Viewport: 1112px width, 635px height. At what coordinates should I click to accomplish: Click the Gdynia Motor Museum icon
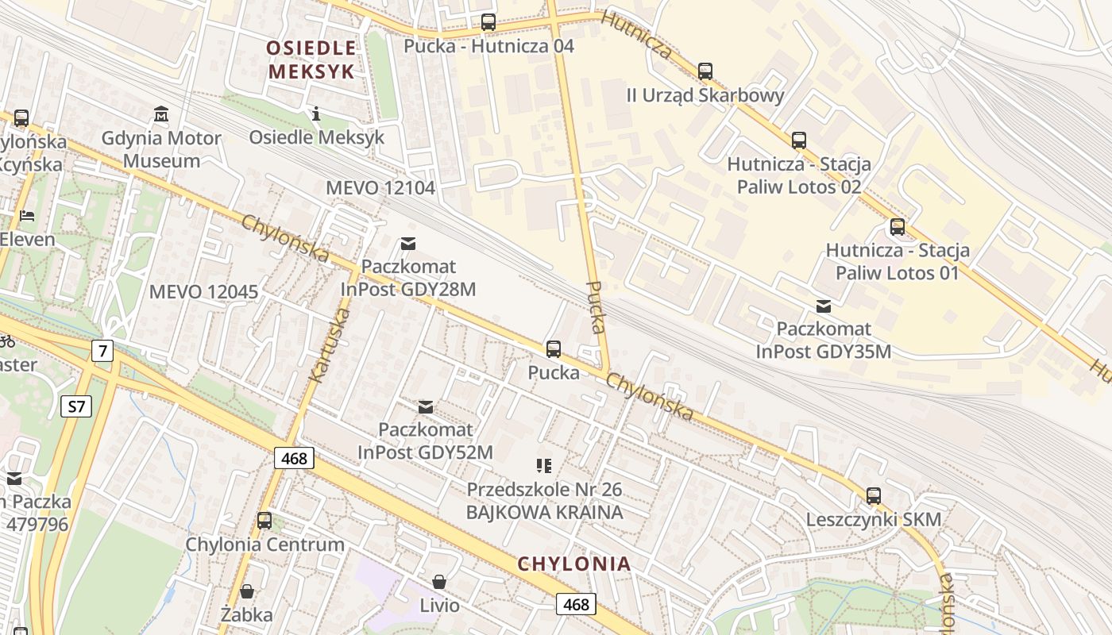coord(162,114)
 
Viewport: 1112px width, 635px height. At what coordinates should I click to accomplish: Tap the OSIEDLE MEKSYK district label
coord(311,60)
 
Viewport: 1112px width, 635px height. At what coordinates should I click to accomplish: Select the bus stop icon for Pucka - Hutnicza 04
coord(488,22)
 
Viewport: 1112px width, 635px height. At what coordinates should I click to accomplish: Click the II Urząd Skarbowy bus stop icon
coord(705,71)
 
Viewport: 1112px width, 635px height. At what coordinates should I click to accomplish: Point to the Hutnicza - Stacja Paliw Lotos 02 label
coord(798,175)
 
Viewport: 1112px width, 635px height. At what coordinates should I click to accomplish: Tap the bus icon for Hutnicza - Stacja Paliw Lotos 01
coord(897,227)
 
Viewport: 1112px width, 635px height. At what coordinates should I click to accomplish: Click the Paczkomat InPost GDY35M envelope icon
coord(824,306)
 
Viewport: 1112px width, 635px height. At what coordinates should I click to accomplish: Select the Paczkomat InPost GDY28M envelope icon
coord(408,244)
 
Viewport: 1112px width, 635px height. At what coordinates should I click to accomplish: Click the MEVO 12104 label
coord(380,188)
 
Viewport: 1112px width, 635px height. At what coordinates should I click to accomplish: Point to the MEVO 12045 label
coord(203,291)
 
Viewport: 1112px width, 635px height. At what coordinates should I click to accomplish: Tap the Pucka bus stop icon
coord(554,348)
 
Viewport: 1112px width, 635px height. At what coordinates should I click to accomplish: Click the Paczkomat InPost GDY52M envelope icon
coord(426,407)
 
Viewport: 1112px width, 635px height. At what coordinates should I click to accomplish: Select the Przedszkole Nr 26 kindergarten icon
coord(544,466)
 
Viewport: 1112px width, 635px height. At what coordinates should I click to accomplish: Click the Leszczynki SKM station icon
coord(874,496)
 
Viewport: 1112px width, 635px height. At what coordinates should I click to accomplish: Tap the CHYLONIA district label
coord(574,564)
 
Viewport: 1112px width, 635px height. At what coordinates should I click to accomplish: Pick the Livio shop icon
coord(439,582)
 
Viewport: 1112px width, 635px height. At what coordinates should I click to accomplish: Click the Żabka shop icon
coord(247,591)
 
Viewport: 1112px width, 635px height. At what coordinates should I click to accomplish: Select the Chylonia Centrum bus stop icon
coord(264,521)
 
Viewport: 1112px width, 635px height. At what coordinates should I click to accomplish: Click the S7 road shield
coord(76,407)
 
